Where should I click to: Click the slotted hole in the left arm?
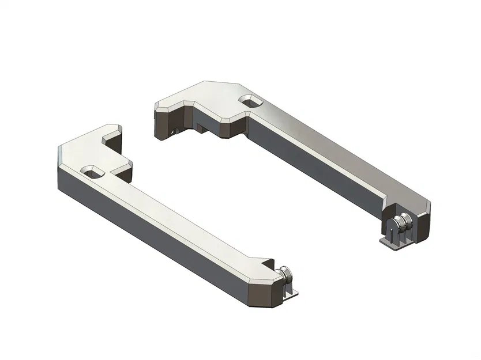pos(93,171)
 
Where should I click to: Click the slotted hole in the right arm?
pos(252,101)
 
